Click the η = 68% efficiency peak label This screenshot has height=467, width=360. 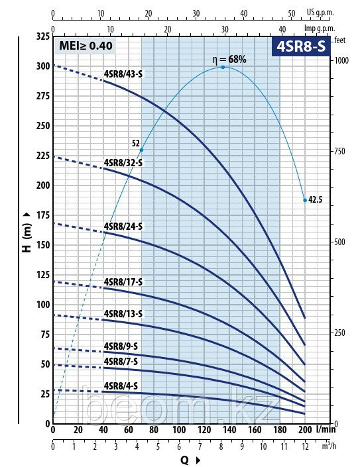pyautogui.click(x=229, y=59)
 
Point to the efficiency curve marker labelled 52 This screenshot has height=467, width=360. pyautogui.click(x=141, y=150)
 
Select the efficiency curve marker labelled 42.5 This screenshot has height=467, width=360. pyautogui.click(x=305, y=199)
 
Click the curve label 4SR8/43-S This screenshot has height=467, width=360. pyautogui.click(x=123, y=74)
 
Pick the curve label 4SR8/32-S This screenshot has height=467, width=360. pyautogui.click(x=123, y=162)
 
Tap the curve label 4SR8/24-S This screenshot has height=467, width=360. pyautogui.click(x=123, y=226)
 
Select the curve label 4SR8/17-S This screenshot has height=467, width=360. pyautogui.click(x=123, y=282)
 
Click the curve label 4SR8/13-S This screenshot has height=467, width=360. pyautogui.click(x=123, y=313)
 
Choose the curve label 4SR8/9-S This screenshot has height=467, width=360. pyautogui.click(x=121, y=346)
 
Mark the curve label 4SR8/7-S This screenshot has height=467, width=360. pyautogui.click(x=121, y=361)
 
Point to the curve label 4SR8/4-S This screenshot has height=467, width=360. pyautogui.click(x=121, y=386)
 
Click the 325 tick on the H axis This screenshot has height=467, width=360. pyautogui.click(x=41, y=35)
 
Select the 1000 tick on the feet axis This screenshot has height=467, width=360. pyautogui.click(x=341, y=60)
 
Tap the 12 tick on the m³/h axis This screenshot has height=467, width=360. pyautogui.click(x=305, y=446)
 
